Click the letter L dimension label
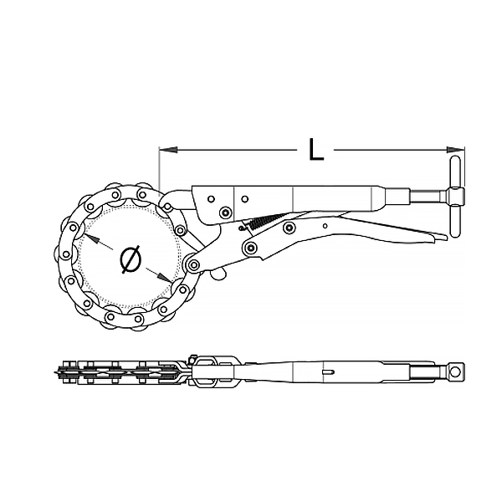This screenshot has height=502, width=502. (316, 150)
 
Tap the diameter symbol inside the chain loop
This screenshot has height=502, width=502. (131, 259)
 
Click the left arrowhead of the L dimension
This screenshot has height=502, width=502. (168, 150)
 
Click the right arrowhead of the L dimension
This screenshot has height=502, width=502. (456, 150)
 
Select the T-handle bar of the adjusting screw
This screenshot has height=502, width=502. (455, 197)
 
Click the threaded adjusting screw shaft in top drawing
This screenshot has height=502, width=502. (428, 196)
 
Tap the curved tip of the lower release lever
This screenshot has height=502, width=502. (440, 238)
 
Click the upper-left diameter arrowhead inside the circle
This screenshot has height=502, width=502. (90, 238)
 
